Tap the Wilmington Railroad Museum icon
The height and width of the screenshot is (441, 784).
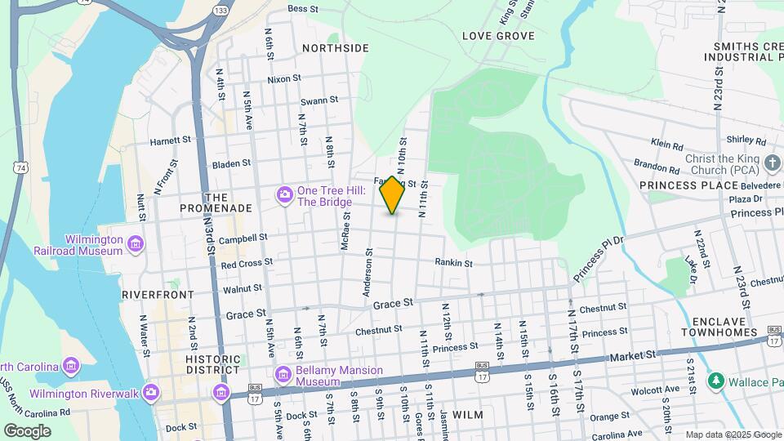pos(136,244)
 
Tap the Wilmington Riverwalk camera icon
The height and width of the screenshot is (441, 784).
pos(150,393)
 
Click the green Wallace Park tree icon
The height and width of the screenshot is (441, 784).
pos(715,381)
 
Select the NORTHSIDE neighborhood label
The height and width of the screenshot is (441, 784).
pos(335,48)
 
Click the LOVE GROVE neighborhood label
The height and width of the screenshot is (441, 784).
pos(498,36)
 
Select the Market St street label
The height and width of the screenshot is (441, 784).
pos(633,356)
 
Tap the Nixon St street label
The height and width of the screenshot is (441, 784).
pos(284,80)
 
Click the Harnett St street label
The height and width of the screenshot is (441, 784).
pos(170,140)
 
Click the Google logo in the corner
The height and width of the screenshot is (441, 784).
pos(27,430)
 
